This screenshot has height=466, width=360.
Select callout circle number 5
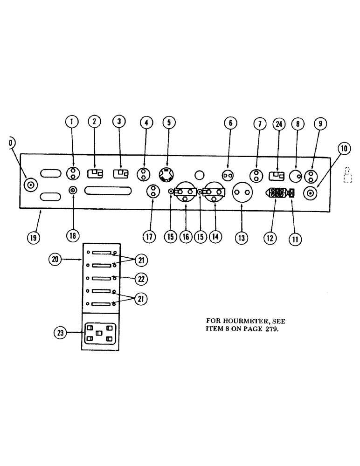pos(168,123)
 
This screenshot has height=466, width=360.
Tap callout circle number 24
pos(278,124)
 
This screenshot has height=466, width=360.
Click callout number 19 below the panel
pos(33,237)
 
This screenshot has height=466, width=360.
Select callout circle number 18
pos(72,236)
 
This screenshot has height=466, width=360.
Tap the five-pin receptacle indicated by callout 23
pos(98,334)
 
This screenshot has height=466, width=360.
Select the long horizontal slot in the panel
pos(108,190)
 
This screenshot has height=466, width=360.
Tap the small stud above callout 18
pos(73,190)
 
